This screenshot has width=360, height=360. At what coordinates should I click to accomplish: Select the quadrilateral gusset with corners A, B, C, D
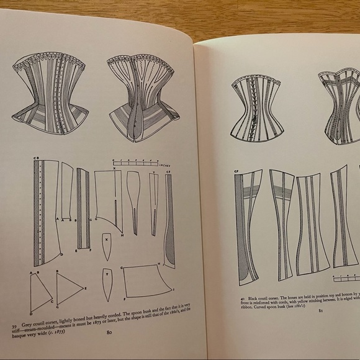(40, 291)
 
